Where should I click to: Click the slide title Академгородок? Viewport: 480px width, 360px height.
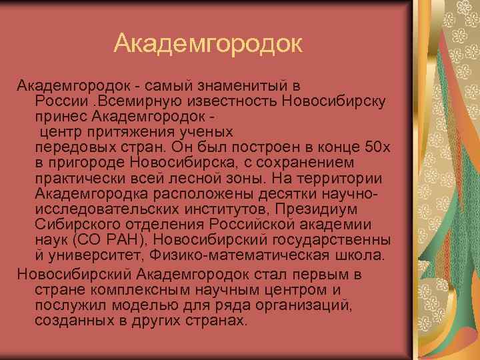coord(208,45)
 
